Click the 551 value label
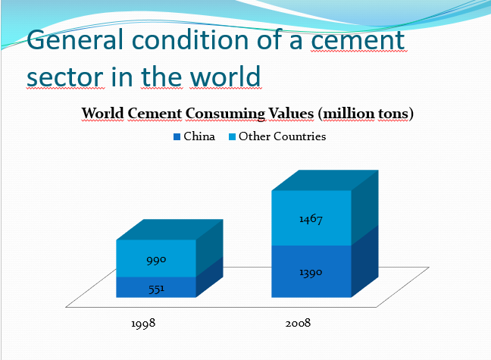pyautogui.click(x=156, y=289)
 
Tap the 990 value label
pyautogui.click(x=156, y=260)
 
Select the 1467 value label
pyautogui.click(x=311, y=219)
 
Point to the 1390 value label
pyautogui.click(x=311, y=273)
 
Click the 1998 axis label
pyautogui.click(x=143, y=323)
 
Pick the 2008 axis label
pyautogui.click(x=298, y=323)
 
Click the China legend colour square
pyautogui.click(x=177, y=137)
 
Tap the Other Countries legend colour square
pyautogui.click(x=232, y=137)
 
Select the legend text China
pyautogui.click(x=199, y=136)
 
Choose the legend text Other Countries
pyautogui.click(x=282, y=136)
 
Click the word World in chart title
pyautogui.click(x=103, y=113)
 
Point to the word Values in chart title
pyautogui.click(x=291, y=113)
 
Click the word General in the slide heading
pyautogui.click(x=75, y=40)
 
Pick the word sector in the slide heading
pyautogui.click(x=65, y=77)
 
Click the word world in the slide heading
pyautogui.click(x=226, y=77)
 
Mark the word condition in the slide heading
pyautogui.click(x=190, y=40)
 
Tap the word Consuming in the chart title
pyautogui.click(x=225, y=114)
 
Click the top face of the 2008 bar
pyautogui.click(x=325, y=180)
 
